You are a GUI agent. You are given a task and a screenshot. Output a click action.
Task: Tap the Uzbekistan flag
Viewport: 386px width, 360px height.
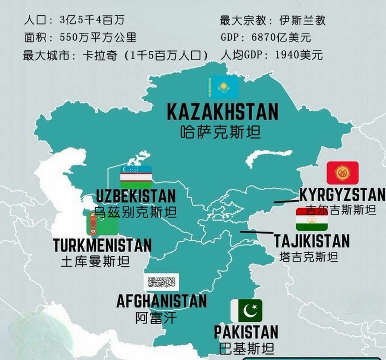click(x=136, y=177)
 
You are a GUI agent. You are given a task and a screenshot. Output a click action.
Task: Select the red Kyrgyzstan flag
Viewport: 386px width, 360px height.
click(x=342, y=173)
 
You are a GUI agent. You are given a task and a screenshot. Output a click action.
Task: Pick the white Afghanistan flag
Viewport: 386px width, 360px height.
click(x=161, y=282)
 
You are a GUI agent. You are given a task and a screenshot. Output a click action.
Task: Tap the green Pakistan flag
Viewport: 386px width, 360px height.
click(x=246, y=311)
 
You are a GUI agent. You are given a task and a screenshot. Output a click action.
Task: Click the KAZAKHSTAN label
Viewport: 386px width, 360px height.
click(x=223, y=112)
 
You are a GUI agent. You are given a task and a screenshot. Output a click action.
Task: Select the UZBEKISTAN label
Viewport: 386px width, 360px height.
click(x=136, y=196)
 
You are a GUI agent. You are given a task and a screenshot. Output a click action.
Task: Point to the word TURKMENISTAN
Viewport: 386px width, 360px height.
click(x=102, y=246)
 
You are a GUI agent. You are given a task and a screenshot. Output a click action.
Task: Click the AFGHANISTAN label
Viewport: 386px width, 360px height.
click(x=161, y=301)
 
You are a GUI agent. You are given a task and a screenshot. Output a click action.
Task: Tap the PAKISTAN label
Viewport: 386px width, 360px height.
click(x=246, y=332)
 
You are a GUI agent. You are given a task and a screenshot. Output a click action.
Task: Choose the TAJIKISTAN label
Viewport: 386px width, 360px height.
click(x=312, y=241)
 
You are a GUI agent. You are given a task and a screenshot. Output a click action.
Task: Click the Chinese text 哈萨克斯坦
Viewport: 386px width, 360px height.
click(x=220, y=132)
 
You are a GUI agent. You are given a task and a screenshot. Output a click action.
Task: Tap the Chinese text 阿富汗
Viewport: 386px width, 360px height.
click(x=156, y=318)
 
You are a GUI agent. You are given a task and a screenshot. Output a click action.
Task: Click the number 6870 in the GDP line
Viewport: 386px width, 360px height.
click(x=264, y=37)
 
